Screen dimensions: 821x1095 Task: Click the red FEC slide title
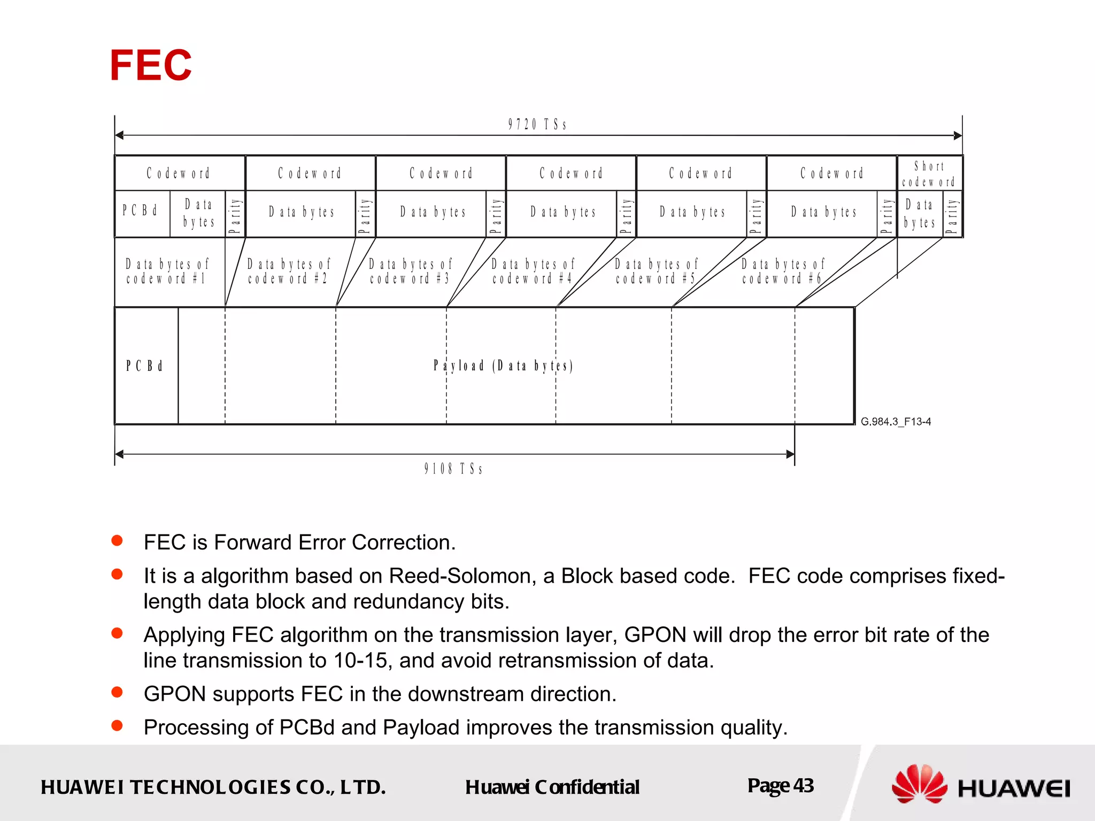(x=151, y=65)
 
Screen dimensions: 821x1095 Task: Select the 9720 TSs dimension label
(x=537, y=125)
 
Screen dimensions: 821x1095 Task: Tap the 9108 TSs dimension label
(x=453, y=469)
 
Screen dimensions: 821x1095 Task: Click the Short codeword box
(x=929, y=174)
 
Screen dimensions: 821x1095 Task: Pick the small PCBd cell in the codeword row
(x=141, y=211)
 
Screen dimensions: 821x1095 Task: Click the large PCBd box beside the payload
(x=145, y=366)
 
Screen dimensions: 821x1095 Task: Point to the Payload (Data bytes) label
(x=503, y=366)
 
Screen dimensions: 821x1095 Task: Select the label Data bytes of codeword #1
(x=167, y=272)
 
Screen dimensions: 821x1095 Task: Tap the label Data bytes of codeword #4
(x=533, y=272)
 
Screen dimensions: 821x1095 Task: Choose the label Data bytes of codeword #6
(x=783, y=272)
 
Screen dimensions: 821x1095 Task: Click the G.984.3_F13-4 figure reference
(x=896, y=422)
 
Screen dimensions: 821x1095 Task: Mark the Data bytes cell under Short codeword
(x=920, y=214)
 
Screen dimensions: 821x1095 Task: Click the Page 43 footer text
(x=781, y=786)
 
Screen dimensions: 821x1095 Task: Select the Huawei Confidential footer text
(x=552, y=787)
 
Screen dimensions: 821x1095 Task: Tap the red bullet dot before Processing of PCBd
(x=117, y=726)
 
